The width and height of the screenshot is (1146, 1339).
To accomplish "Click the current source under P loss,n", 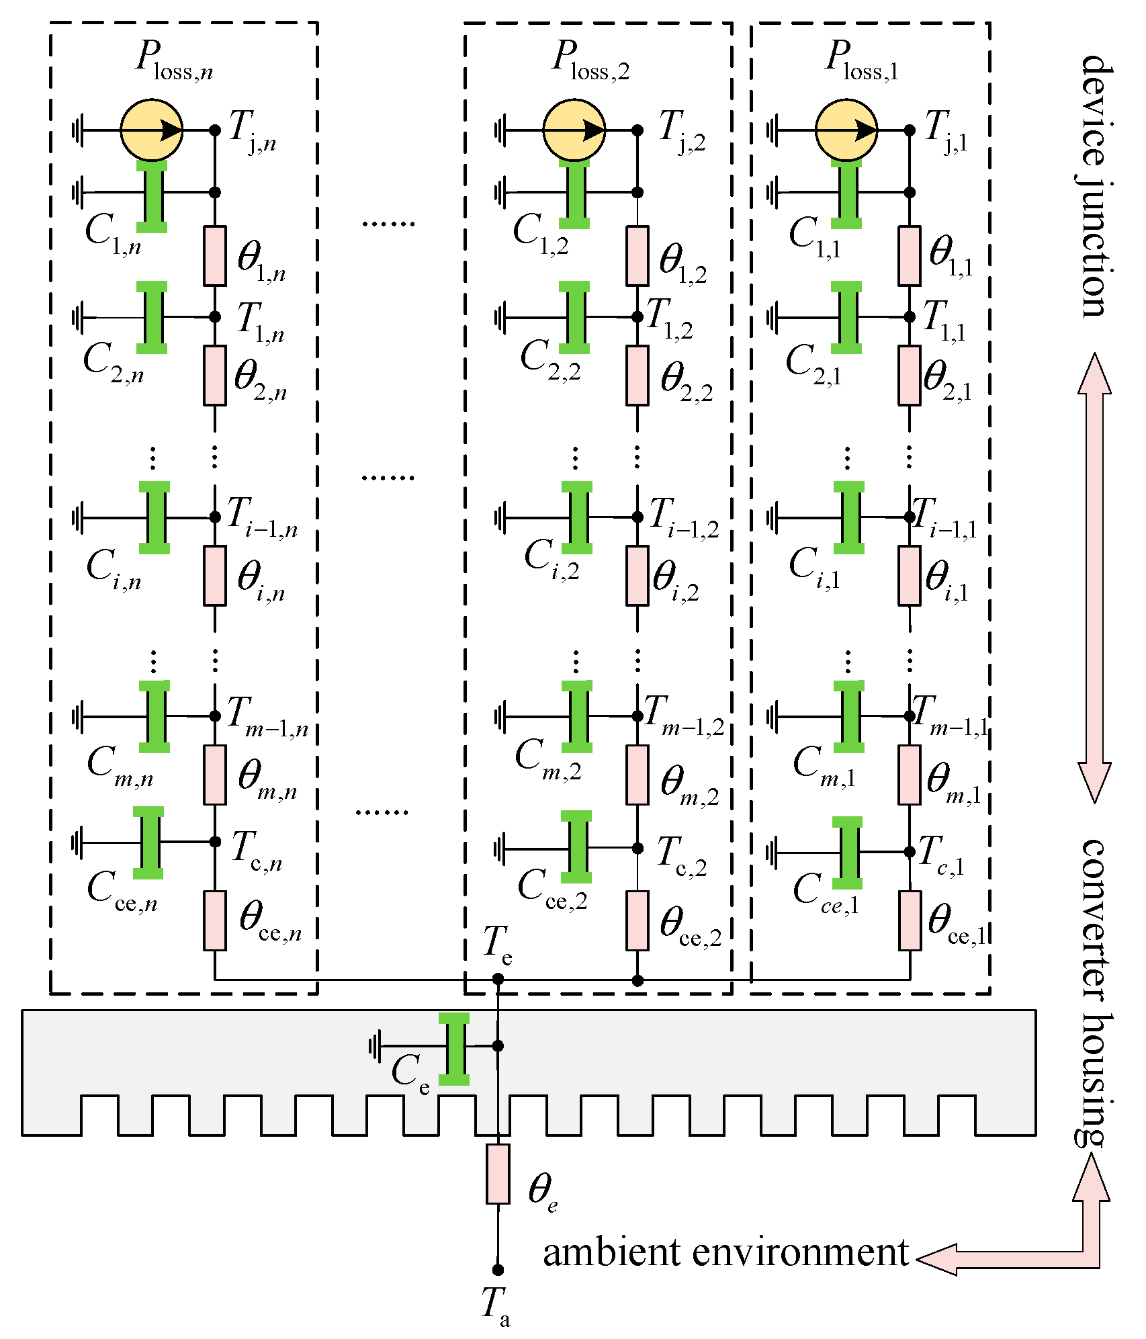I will [151, 130].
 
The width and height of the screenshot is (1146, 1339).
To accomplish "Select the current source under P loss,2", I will [574, 130].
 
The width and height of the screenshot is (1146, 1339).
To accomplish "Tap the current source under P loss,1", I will [846, 130].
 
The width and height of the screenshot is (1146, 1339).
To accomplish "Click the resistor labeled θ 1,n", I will [215, 256].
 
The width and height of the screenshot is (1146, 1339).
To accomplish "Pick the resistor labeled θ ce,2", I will [637, 920].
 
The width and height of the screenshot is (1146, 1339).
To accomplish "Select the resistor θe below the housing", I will [498, 1174].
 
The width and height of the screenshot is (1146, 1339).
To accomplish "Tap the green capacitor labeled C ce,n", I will [148, 843].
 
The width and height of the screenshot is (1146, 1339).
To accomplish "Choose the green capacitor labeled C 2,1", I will [846, 317].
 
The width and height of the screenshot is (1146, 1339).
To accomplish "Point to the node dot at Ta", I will [498, 1270].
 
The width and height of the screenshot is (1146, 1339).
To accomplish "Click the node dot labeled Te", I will [498, 979].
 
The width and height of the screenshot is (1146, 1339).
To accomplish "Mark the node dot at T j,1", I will [910, 130].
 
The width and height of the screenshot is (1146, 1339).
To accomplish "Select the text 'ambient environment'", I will [725, 1253].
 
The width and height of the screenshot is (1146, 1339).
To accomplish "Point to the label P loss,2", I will [590, 60].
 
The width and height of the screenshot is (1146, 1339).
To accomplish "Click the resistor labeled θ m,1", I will [910, 775].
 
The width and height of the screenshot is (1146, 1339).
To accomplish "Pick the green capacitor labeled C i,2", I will [577, 517].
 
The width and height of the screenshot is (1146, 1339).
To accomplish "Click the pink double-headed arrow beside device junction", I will [1094, 578].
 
